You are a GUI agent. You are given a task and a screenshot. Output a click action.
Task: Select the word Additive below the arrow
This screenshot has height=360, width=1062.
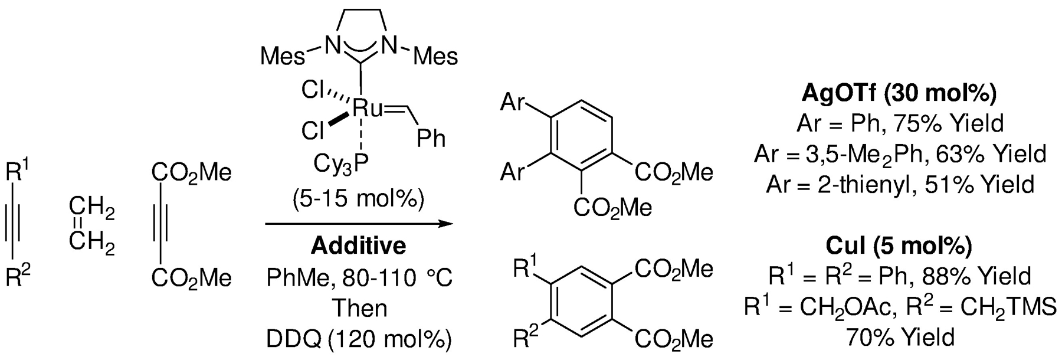tap(359, 245)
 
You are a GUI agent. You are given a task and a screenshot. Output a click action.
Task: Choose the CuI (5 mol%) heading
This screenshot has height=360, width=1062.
tap(899, 245)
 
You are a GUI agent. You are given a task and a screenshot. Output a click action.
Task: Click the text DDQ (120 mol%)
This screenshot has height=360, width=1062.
tap(359, 339)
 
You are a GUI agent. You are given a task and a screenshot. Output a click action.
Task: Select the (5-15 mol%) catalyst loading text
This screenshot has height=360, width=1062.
tap(359, 199)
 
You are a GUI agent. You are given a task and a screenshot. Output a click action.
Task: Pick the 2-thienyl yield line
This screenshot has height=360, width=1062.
tap(900, 185)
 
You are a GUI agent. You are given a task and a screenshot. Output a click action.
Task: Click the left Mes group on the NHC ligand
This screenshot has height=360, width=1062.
tap(283, 57)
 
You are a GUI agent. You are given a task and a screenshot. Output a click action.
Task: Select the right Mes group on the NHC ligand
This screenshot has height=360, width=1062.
tap(435, 57)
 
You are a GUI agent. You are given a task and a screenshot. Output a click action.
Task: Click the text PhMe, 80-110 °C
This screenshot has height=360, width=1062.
tap(359, 277)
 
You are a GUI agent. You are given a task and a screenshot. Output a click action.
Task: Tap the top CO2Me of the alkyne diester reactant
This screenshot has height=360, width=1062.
tap(191, 172)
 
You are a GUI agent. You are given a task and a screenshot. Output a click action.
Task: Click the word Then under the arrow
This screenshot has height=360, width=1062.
tap(359, 308)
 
